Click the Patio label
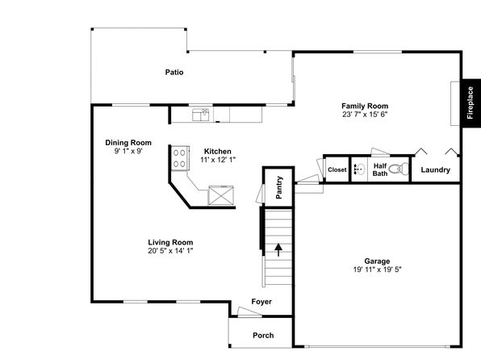[x=174, y=72]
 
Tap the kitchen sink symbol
[x=201, y=115]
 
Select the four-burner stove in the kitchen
[x=180, y=157]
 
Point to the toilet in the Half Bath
[x=399, y=169]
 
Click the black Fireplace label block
[x=471, y=103]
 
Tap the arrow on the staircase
[x=278, y=250]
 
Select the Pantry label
[x=279, y=187]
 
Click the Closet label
[x=337, y=170]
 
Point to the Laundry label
[x=435, y=170]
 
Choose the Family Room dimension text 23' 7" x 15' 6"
[x=365, y=115]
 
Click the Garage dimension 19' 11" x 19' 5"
[x=378, y=270]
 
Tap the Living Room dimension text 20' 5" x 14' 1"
[x=170, y=251]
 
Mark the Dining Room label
[x=128, y=143]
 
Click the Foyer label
[x=261, y=302]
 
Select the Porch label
[x=263, y=336]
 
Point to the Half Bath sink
[x=359, y=169]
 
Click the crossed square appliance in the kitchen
[x=221, y=195]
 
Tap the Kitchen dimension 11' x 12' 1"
[x=218, y=160]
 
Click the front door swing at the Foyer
[x=249, y=312]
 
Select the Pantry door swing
[x=260, y=194]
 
